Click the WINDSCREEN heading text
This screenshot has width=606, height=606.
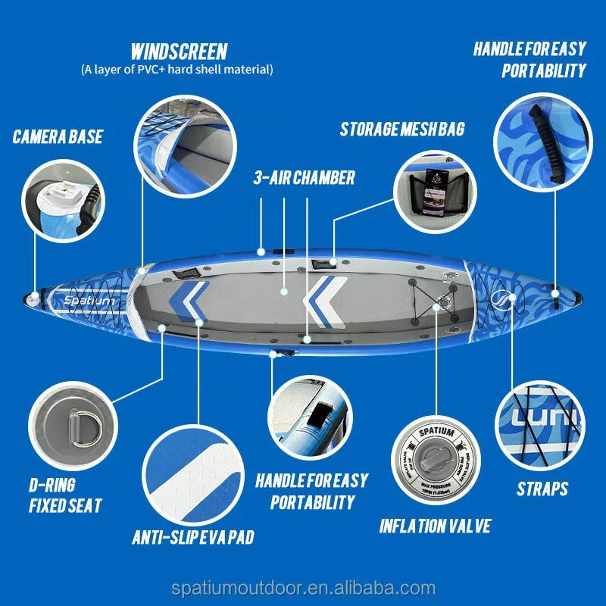pos(178,52)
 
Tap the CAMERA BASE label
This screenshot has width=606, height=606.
pos(58,137)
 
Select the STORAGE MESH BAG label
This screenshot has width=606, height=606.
pos(401,128)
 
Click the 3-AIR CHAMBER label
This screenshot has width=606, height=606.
pos(303,178)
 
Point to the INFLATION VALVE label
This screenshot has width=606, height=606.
pos(435,525)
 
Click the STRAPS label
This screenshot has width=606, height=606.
pos(542,489)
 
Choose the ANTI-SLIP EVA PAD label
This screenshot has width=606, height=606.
pos(192,537)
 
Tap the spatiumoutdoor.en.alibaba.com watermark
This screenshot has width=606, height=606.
pos(303,588)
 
